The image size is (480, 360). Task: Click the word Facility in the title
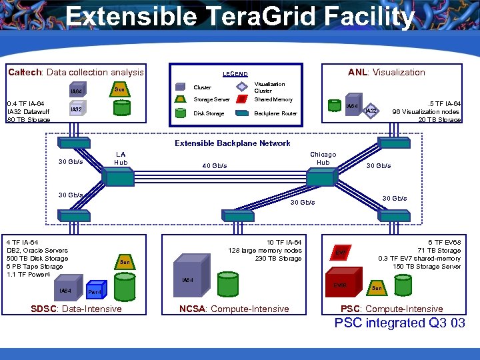[360, 17]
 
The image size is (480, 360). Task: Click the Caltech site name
[24, 72]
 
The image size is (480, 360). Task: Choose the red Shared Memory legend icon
[242, 100]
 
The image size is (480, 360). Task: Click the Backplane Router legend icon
[242, 113]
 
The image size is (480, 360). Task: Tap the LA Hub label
[120, 158]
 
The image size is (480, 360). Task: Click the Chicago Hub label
[323, 158]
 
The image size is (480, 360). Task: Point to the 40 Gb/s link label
[215, 166]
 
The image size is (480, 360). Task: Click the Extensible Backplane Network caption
[232, 143]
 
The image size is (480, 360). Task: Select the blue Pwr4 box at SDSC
[95, 291]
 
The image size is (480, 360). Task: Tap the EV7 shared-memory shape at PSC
[341, 252]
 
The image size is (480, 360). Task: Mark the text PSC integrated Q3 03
[399, 323]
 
